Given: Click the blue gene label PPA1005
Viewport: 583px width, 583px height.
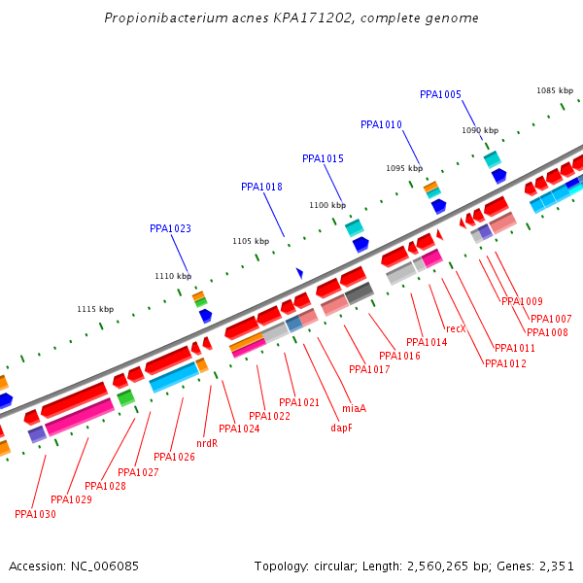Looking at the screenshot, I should [440, 94].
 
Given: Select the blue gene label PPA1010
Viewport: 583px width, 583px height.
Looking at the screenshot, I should [381, 124].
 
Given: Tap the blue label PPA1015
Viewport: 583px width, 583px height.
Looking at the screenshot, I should [323, 158].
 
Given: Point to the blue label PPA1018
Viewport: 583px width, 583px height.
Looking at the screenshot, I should [261, 187].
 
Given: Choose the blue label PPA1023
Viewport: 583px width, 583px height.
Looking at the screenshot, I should [170, 228].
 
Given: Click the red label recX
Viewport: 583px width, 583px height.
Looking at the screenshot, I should [456, 328].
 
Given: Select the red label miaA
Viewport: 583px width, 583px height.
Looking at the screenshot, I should [354, 408].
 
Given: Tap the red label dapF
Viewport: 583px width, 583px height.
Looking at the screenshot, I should [341, 428].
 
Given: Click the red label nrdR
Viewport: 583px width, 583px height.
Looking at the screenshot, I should [207, 443].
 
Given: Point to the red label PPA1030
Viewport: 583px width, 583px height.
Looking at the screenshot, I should [35, 514].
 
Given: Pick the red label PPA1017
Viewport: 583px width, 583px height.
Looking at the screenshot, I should [369, 369].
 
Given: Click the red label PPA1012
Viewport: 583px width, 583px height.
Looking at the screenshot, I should [505, 363].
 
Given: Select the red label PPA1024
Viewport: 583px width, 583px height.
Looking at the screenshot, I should [239, 429].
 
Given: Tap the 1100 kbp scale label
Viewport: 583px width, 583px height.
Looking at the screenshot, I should [327, 205].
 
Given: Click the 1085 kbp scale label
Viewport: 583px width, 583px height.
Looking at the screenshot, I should [555, 90].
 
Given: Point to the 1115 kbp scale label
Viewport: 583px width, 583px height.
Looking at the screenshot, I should [95, 309].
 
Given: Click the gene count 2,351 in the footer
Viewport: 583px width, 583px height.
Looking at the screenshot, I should [557, 566].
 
